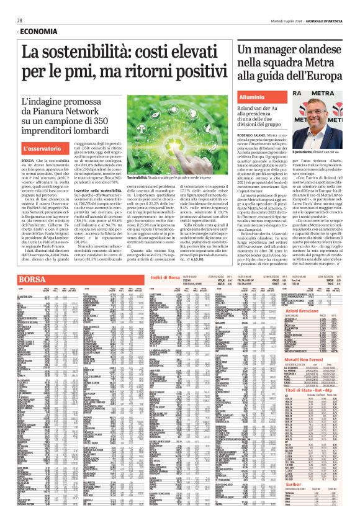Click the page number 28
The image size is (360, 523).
coord(20,20)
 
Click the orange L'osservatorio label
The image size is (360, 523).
coord(43,150)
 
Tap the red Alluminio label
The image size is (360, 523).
coord(252,97)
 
